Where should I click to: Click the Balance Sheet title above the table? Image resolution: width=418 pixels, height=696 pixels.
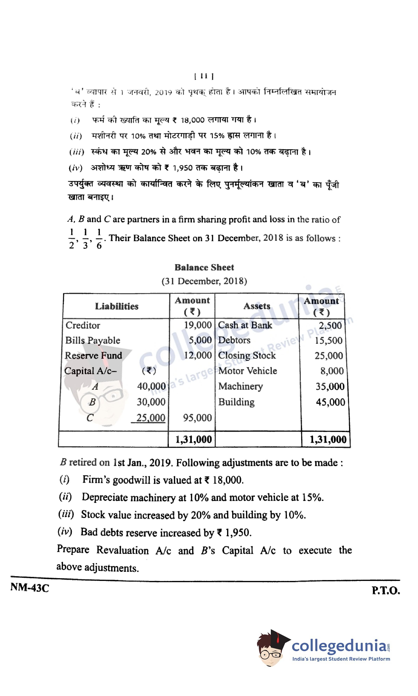[204, 267]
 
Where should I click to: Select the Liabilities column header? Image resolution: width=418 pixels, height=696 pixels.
[117, 306]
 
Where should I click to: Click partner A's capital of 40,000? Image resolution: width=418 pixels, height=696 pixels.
[151, 386]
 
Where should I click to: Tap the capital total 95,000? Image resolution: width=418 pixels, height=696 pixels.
[197, 417]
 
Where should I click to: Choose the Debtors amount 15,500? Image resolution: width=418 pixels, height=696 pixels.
[329, 340]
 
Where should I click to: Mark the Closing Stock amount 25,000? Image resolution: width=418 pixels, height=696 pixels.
[329, 356]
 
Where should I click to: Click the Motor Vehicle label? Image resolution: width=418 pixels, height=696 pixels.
[248, 371]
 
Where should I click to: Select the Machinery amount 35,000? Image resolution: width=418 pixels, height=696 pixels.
[330, 386]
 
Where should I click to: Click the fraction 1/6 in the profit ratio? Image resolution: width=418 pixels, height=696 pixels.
[99, 239]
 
